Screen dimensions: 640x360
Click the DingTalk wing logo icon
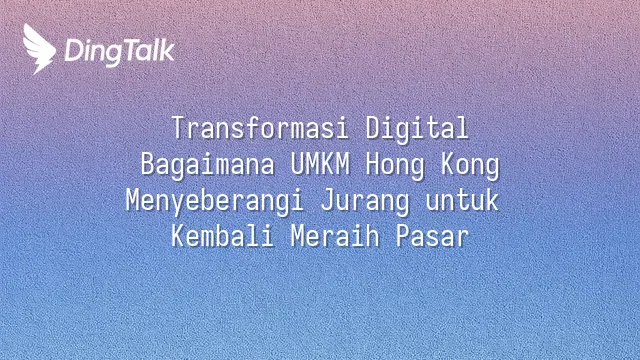(39, 49)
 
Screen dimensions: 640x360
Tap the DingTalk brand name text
(120, 52)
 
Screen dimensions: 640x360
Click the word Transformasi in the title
(260, 128)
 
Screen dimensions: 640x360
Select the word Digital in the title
(417, 129)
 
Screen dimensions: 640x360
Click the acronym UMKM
(320, 164)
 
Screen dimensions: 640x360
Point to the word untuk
(462, 200)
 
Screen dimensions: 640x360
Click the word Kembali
(222, 236)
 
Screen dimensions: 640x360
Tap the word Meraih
(335, 236)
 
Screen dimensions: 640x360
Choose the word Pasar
(432, 236)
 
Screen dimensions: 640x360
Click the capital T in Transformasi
(178, 128)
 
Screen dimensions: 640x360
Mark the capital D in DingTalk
(73, 51)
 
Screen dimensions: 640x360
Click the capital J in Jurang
(327, 200)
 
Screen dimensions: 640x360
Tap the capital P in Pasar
(402, 236)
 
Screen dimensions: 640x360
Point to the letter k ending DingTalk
(167, 51)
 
